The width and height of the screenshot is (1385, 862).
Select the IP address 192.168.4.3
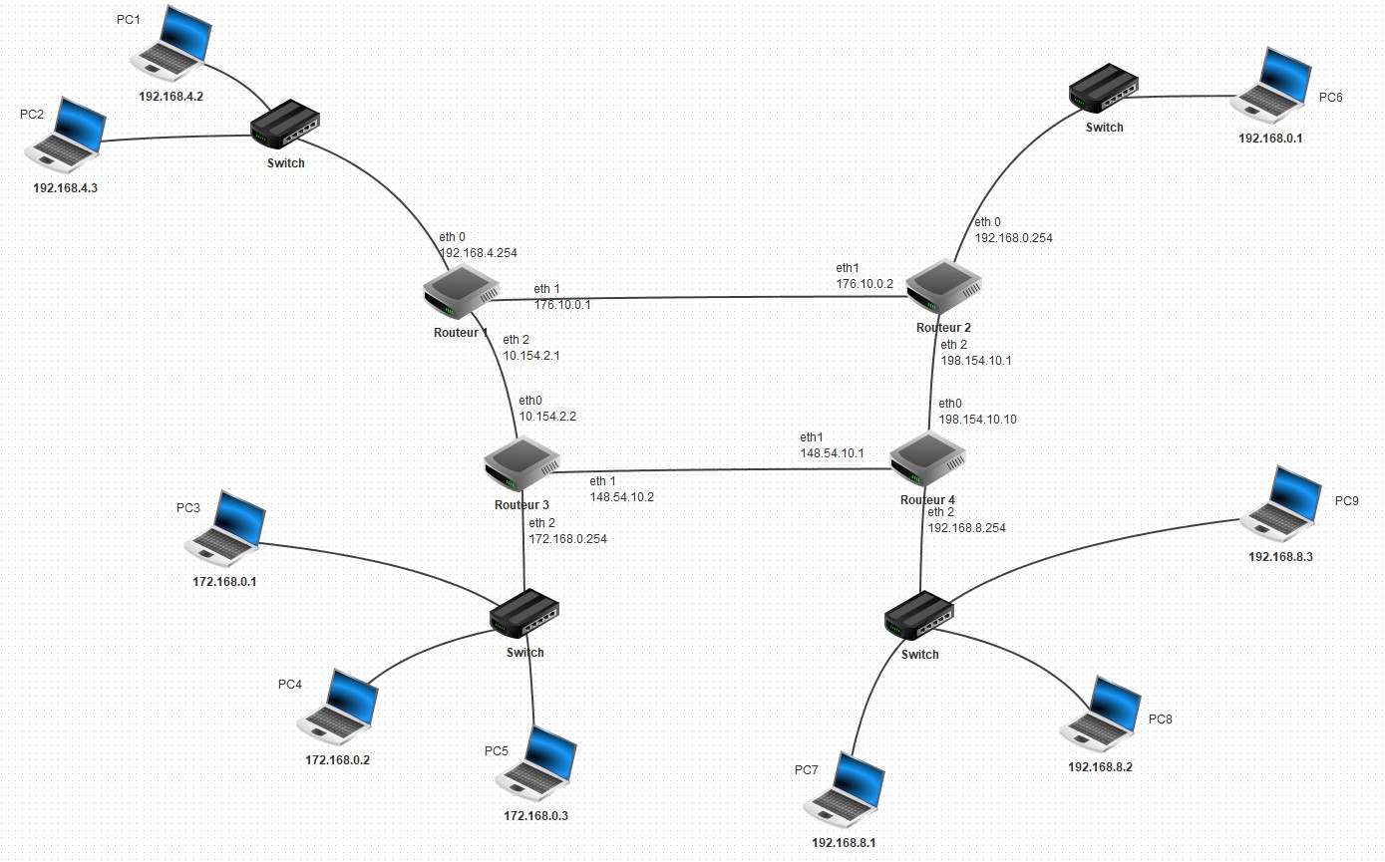click(65, 187)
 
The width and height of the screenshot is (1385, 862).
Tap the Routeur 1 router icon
click(461, 291)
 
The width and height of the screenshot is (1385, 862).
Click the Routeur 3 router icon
click(520, 464)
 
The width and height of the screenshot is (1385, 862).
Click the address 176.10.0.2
click(865, 284)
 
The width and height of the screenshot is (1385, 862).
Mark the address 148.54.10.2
click(621, 496)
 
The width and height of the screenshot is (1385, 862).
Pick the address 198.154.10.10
click(977, 420)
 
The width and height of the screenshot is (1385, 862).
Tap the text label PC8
click(1161, 718)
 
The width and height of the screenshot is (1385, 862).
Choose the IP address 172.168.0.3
click(535, 816)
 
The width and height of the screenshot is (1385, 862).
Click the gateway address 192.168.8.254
click(966, 528)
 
